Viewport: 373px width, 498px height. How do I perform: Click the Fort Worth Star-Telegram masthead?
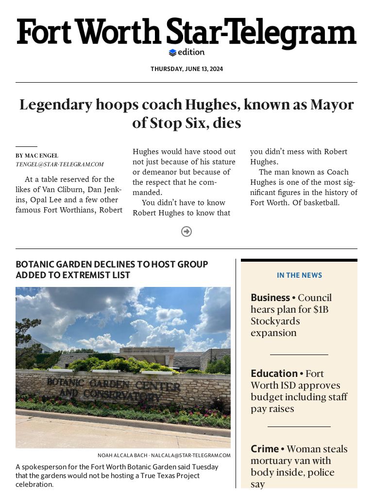click(x=186, y=33)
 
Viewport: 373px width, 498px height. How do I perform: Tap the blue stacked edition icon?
click(x=172, y=53)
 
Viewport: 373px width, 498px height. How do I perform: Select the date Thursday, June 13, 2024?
click(x=186, y=69)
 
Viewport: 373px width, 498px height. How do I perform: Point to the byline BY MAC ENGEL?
click(x=37, y=156)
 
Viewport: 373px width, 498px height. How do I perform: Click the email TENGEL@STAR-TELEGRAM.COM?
click(x=60, y=164)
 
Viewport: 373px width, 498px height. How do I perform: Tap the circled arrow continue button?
click(x=186, y=231)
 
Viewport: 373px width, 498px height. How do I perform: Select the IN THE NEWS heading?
click(x=299, y=275)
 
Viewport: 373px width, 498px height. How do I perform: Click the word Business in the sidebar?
click(x=270, y=298)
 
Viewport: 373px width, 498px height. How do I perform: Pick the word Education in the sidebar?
click(x=274, y=373)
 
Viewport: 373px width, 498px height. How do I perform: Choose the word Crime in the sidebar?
click(x=265, y=449)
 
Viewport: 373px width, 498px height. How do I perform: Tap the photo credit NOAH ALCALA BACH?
click(x=122, y=456)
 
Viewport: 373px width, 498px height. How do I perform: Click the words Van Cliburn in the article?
click(x=60, y=190)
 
